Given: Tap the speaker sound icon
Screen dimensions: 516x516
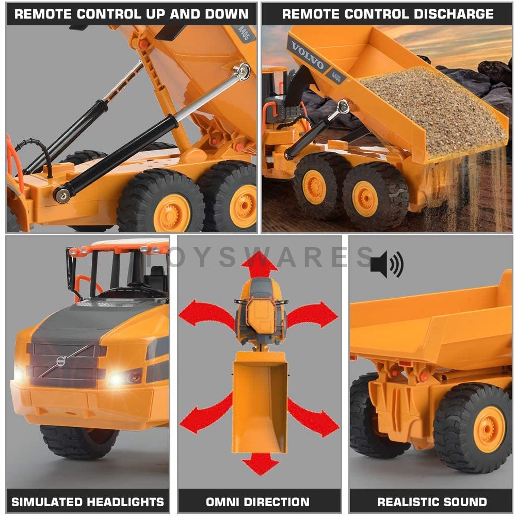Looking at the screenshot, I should click(386, 264).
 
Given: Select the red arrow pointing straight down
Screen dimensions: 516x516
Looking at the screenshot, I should click(260, 463).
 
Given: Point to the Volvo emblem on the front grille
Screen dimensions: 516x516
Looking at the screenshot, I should click(61, 361).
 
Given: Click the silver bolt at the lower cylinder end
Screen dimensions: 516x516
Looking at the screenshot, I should click(62, 195).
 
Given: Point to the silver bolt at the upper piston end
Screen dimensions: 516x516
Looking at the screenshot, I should click(241, 71).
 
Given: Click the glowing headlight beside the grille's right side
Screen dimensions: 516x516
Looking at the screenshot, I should click(116, 380).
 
